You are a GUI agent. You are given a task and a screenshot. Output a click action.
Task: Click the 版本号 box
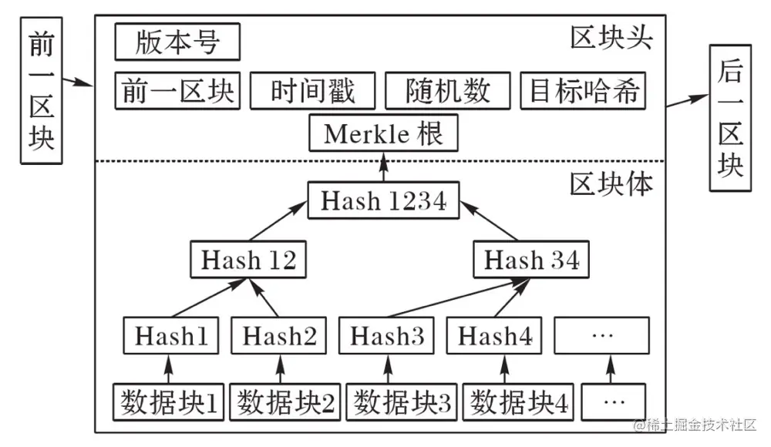(x=177, y=42)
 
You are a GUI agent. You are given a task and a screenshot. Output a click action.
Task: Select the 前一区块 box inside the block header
(x=177, y=90)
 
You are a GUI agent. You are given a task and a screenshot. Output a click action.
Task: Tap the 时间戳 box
(x=313, y=90)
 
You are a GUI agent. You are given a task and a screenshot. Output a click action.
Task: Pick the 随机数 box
(x=448, y=90)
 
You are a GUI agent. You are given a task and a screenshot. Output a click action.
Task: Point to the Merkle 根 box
(x=383, y=133)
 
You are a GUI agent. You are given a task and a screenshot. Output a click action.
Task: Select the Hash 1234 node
(x=383, y=201)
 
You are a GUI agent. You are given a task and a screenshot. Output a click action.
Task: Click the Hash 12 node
(x=248, y=260)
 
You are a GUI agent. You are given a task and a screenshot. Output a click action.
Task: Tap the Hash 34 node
(x=531, y=260)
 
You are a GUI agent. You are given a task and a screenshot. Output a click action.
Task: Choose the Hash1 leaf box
(x=171, y=336)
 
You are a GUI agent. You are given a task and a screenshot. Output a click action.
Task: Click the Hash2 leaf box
(x=279, y=336)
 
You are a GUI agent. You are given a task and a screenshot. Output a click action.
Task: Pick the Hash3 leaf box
(x=387, y=336)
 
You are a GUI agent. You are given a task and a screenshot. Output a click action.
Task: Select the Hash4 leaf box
(x=495, y=336)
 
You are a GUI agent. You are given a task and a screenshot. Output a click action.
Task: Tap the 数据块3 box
(x=402, y=402)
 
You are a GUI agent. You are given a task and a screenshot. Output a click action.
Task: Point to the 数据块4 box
(x=518, y=402)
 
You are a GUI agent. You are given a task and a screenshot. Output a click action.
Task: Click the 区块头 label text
(x=611, y=37)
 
